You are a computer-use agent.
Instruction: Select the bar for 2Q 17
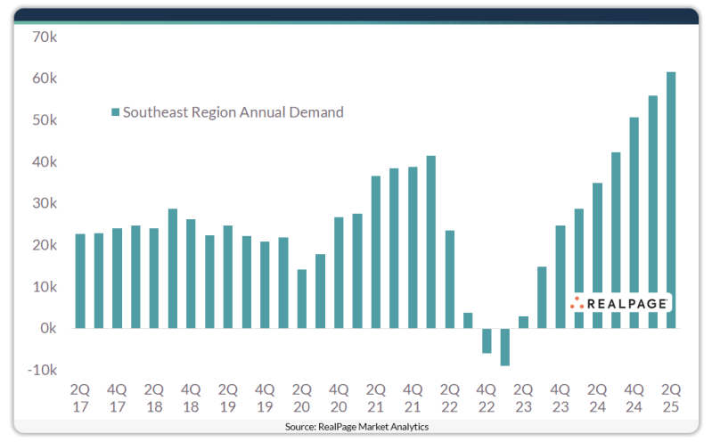[x=80, y=281]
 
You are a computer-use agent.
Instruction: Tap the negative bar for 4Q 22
[x=487, y=340]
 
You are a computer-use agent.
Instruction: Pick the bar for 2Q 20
[x=302, y=299]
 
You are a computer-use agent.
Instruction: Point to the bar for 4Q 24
[x=634, y=223]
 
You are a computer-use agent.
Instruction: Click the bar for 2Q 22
[x=450, y=279]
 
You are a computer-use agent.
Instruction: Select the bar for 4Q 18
[x=191, y=274]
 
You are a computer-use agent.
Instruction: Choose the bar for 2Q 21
[x=376, y=252]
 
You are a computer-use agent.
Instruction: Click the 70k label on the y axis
[x=42, y=37]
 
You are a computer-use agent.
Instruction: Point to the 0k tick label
[x=45, y=328]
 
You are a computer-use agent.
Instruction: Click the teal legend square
[x=115, y=113]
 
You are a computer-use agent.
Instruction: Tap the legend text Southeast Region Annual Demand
[x=233, y=112]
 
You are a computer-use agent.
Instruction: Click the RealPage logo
[x=620, y=303]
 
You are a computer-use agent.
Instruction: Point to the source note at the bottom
[x=356, y=428]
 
